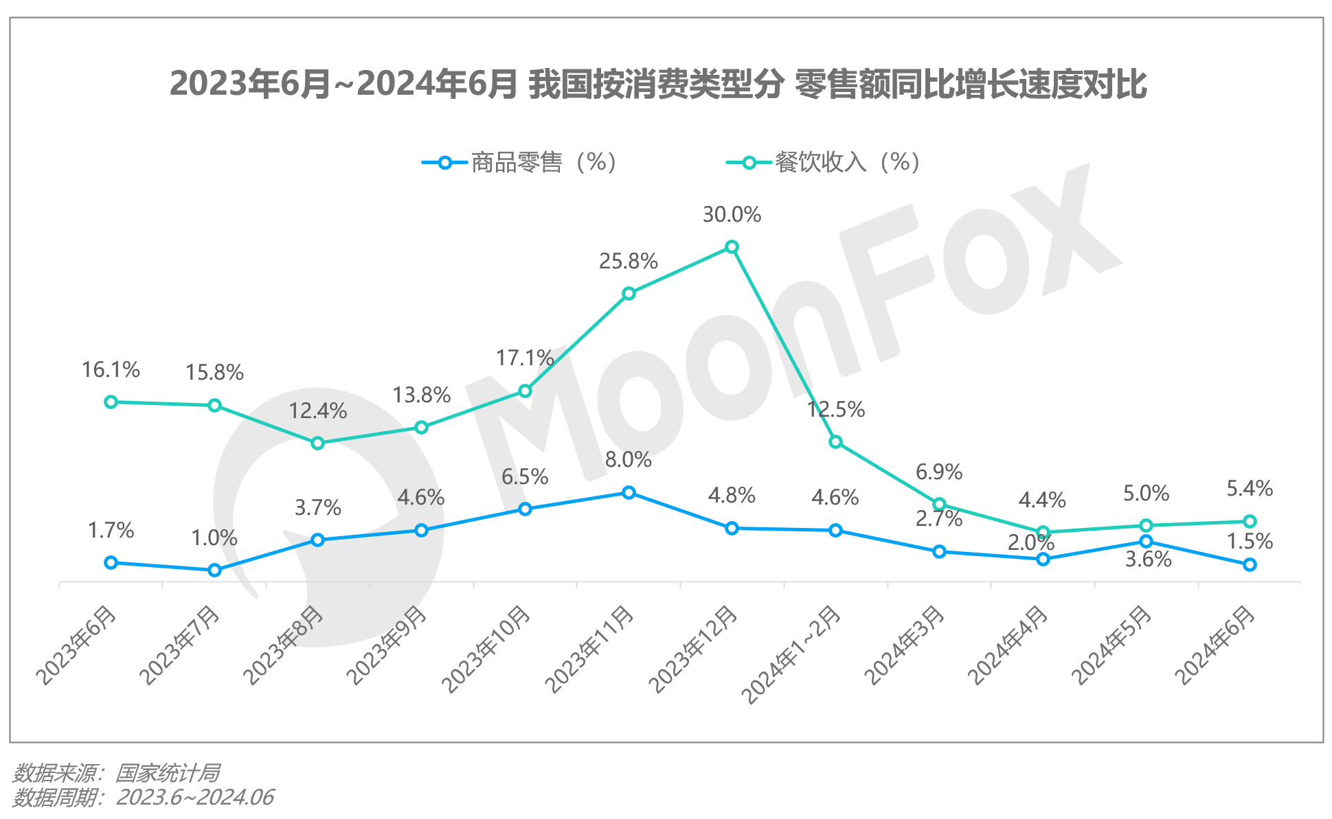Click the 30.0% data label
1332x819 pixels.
click(x=732, y=215)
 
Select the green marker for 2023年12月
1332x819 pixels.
click(x=732, y=247)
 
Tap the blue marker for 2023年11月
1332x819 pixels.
click(x=629, y=492)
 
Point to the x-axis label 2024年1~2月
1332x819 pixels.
click(x=791, y=655)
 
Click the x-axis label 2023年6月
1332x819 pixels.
click(x=76, y=645)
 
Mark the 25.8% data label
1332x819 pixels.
click(x=629, y=262)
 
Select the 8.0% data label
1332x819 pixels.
click(x=629, y=460)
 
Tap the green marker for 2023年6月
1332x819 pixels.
click(x=111, y=402)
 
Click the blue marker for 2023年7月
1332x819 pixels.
click(x=214, y=570)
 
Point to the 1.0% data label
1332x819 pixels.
click(x=214, y=538)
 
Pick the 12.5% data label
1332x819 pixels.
click(x=836, y=410)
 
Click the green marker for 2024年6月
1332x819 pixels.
click(x=1250, y=522)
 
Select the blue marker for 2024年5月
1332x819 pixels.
click(x=1146, y=542)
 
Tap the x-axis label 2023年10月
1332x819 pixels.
click(x=486, y=649)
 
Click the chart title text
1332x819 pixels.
click(x=658, y=84)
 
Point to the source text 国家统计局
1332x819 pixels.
click(x=167, y=774)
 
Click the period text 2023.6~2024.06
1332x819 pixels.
click(x=194, y=798)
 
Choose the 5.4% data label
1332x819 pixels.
click(x=1250, y=489)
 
